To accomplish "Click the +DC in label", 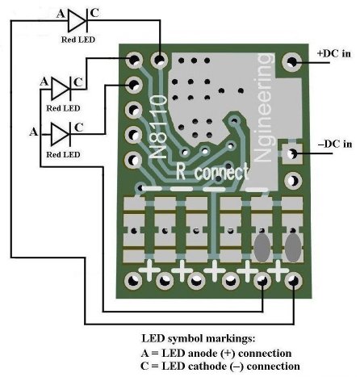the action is click(334, 53).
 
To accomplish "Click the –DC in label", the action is click(335, 144).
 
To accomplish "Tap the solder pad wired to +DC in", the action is click(291, 62).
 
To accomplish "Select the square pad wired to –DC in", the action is click(291, 153).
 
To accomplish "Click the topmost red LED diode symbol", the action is click(77, 20).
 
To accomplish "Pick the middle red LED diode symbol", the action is click(61, 88).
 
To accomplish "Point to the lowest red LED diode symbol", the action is click(61, 134).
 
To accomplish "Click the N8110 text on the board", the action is click(158, 127).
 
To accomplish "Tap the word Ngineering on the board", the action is click(263, 107).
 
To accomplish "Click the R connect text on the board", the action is click(212, 172).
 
